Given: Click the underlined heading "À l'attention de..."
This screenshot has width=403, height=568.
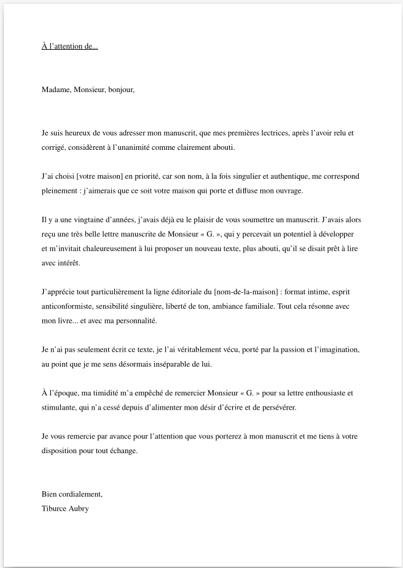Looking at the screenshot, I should point(69,46).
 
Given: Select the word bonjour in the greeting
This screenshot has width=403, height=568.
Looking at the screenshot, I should point(120,90).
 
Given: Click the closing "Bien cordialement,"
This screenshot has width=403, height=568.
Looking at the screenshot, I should point(72,494).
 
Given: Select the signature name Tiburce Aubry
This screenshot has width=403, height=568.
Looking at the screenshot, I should point(65,508).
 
